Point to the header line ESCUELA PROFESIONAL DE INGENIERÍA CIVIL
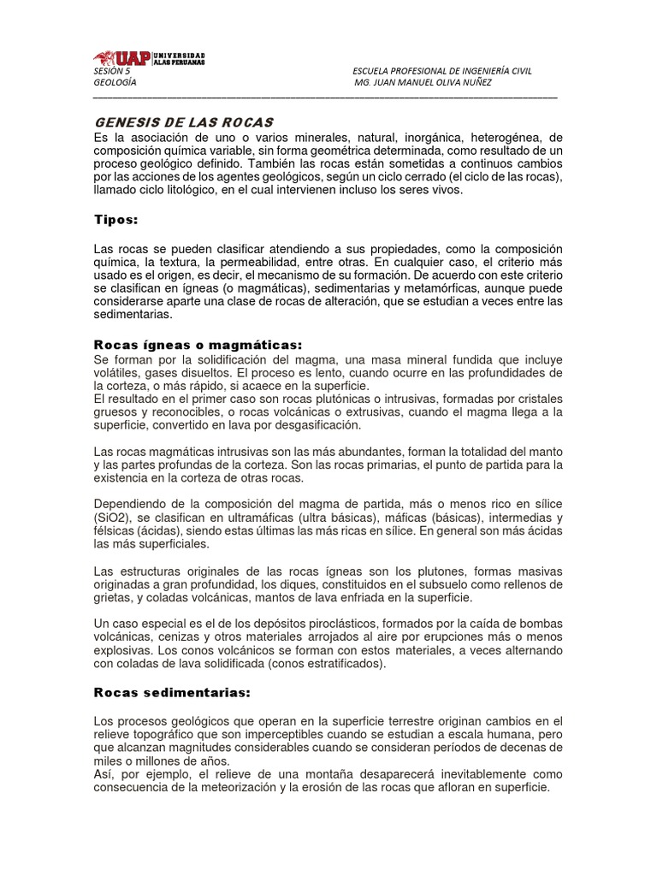click(x=442, y=71)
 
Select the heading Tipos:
click(x=115, y=220)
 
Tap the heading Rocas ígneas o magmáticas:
click(x=198, y=344)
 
